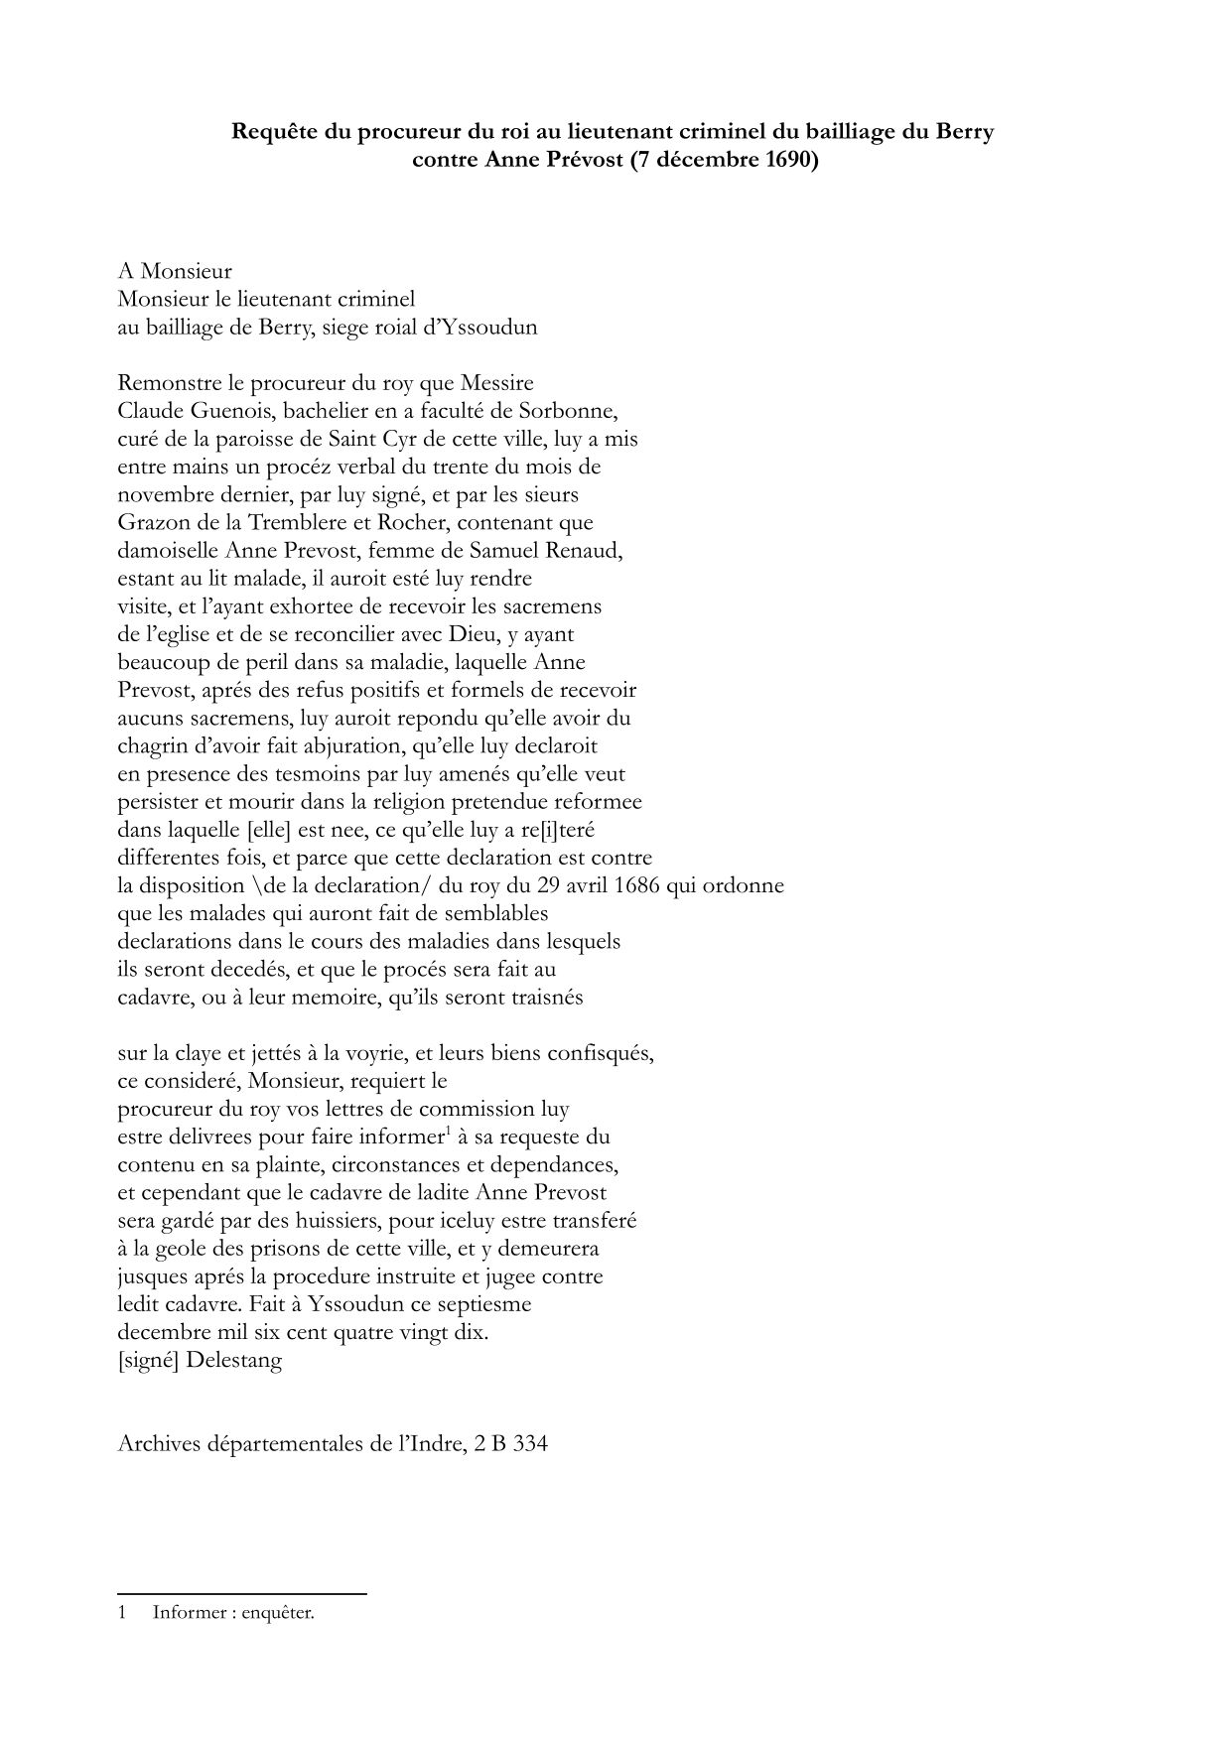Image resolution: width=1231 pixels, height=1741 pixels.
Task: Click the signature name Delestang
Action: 233,1360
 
